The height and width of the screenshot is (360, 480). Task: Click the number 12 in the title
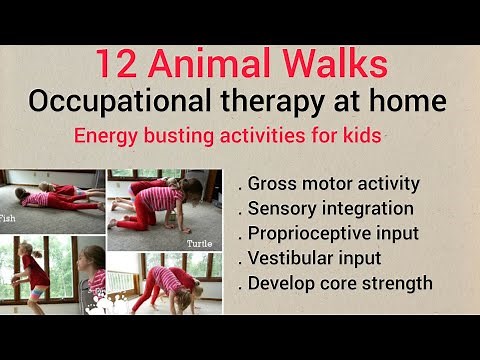[116, 65]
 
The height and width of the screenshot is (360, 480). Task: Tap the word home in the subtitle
[413, 102]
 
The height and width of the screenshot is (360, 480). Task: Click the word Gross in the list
[271, 184]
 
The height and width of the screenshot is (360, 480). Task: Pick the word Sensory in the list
[281, 209]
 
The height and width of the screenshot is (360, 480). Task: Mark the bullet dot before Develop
[240, 287]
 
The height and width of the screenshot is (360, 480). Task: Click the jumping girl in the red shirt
[34, 275]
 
